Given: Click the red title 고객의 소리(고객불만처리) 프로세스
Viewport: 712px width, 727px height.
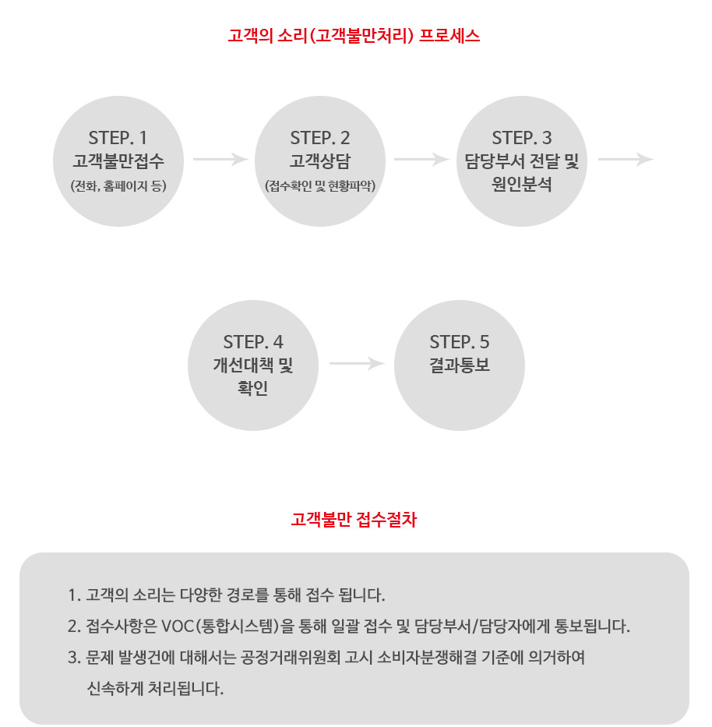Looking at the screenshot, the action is (x=354, y=36).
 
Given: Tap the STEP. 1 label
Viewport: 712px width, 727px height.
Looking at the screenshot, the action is (x=118, y=138).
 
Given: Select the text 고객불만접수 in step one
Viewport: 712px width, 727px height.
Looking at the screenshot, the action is (x=118, y=161).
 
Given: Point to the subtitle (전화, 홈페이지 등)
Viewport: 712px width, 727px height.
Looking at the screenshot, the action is (x=118, y=186).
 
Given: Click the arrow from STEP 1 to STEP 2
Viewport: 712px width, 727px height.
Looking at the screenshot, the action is (x=220, y=159).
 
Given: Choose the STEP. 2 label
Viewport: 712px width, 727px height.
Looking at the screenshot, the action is (x=320, y=138).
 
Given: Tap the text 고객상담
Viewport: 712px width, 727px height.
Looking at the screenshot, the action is (x=320, y=161).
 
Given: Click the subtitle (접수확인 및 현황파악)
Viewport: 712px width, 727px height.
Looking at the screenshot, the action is (x=320, y=186).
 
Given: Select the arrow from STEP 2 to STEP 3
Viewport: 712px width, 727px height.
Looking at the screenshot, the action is (x=421, y=159).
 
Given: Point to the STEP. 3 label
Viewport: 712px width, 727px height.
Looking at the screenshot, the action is (x=522, y=138).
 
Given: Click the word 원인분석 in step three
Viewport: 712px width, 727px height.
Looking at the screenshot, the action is (x=522, y=184).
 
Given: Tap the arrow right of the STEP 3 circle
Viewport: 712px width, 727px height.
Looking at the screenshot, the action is (x=626, y=159).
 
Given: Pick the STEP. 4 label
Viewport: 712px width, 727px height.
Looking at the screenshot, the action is (x=253, y=342).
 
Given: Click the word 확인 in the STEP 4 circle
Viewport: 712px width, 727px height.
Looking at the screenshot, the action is (x=253, y=387).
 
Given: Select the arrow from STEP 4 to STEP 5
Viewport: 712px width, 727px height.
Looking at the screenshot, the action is (x=358, y=363).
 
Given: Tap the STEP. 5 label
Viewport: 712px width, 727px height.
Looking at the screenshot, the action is (x=460, y=342).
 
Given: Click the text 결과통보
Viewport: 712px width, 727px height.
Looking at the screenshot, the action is (x=460, y=365).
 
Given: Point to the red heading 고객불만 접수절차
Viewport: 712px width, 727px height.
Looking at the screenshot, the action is (x=354, y=519).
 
